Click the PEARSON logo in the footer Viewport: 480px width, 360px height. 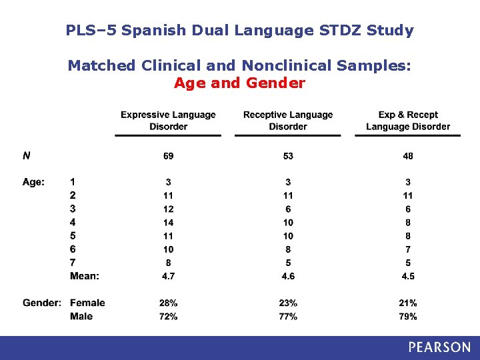coord(439,347)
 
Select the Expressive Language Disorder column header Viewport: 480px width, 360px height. coord(168,121)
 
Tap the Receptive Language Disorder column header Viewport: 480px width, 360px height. coord(288,121)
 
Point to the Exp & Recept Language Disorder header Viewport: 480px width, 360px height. coord(408,121)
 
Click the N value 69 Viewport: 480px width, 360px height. coord(168,156)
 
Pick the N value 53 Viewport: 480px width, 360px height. coord(288,156)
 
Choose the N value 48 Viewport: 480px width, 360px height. coord(408,156)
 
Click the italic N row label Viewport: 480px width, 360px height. coord(26,156)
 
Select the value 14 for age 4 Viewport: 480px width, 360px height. coord(168,223)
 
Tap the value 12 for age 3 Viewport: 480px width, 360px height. coord(168,209)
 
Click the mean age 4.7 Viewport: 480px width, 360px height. coord(168,276)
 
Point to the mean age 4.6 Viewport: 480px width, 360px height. coord(288,276)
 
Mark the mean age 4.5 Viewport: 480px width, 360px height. coord(408,276)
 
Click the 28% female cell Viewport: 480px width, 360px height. coord(168,303)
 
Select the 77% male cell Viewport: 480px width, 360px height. coord(288,317)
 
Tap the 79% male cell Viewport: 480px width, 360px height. coord(408,317)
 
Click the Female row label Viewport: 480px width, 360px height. coord(87,303)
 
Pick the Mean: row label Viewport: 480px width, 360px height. coord(85,276)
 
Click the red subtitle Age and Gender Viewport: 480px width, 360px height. coord(239,83)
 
